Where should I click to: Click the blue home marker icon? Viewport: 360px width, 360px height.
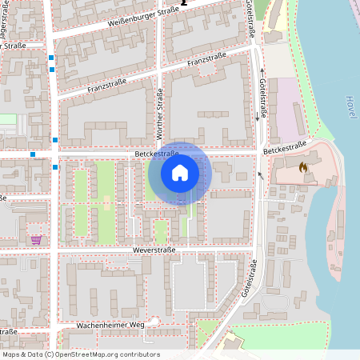click(179, 173)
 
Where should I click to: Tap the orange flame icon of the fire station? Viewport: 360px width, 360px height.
click(302, 168)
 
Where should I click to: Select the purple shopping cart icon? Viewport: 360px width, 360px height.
click(36, 239)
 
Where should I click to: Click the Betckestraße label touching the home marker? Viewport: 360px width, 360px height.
click(155, 154)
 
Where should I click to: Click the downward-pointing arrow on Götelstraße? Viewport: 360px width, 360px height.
click(257, 118)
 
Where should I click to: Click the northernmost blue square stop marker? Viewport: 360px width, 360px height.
click(51, 58)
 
